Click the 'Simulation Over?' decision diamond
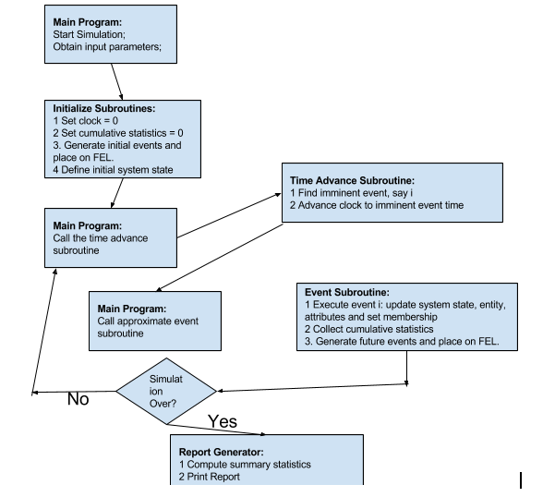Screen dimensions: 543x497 pos(166,391)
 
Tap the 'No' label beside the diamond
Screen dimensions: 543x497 pos(78,399)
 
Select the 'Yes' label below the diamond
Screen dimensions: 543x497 pos(223,421)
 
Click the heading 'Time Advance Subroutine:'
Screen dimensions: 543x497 pos(352,180)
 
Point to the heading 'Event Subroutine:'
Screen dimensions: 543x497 pos(347,292)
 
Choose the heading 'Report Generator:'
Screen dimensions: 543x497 pos(222,452)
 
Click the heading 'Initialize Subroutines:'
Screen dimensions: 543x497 pos(104,108)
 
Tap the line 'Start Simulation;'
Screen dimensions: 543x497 pos(90,34)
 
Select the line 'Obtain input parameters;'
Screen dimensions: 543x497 pos(107,47)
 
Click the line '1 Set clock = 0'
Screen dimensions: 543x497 pos(86,121)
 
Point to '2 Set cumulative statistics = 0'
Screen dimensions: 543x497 pos(118,133)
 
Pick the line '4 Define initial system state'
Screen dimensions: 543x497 pos(113,170)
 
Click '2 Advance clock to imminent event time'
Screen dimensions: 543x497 pos(377,205)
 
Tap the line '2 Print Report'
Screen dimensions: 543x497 pos(209,477)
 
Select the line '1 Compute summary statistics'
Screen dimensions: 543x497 pos(245,465)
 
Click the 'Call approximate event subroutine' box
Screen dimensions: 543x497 pos(155,321)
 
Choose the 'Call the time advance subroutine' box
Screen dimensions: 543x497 pos(111,238)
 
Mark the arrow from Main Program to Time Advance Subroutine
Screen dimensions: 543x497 pos(229,216)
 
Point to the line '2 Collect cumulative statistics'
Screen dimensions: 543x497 pos(368,329)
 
